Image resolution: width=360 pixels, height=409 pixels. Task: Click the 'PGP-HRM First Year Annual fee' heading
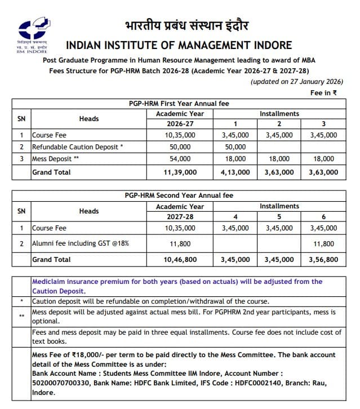(179, 104)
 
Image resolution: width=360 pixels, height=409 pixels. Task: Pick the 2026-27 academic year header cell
(180, 123)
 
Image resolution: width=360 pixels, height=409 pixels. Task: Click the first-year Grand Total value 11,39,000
(180, 172)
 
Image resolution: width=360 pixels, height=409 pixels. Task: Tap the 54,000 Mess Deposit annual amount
(180, 159)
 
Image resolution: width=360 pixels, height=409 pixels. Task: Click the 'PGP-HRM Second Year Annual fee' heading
(179, 195)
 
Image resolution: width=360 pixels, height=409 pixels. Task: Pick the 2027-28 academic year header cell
(180, 216)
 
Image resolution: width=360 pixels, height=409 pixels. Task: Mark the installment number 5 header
(279, 216)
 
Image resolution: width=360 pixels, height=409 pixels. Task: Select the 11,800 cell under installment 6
(324, 244)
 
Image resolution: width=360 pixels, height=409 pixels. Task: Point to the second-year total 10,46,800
(180, 260)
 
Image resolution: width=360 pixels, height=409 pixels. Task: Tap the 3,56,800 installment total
(324, 260)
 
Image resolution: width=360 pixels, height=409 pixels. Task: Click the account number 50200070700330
(60, 383)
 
